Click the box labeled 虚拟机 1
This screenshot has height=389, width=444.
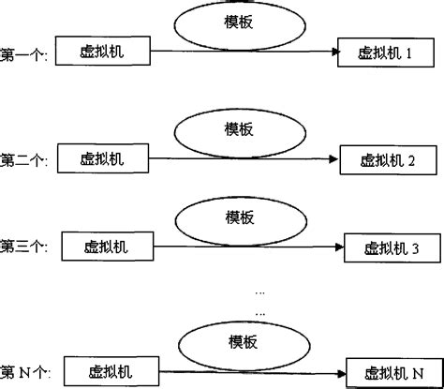[385, 54]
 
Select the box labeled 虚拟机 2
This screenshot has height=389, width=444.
[386, 161]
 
